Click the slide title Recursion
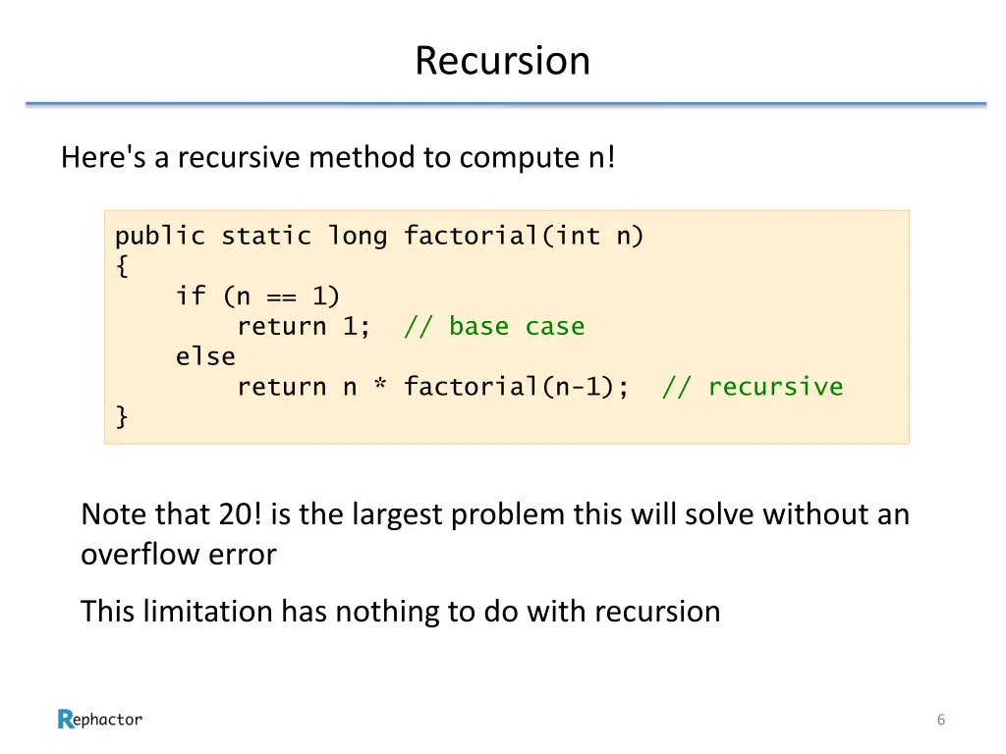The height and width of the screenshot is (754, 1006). pos(502,61)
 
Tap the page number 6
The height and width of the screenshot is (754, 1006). pos(940,721)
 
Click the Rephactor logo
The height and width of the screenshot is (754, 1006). pos(100,720)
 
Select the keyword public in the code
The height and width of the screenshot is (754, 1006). pos(160,237)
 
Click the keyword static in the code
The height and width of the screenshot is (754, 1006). pos(266,237)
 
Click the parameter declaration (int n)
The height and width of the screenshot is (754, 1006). pos(592,237)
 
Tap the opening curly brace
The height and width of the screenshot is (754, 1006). pos(122,266)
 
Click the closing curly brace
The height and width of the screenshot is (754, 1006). pos(122,417)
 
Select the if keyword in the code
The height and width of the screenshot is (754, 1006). pos(191,296)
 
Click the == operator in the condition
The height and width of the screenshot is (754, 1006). pos(281,296)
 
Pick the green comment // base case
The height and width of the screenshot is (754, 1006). pos(494,327)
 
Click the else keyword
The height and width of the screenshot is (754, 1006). pos(205,357)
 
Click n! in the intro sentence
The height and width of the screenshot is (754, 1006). pos(597,157)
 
